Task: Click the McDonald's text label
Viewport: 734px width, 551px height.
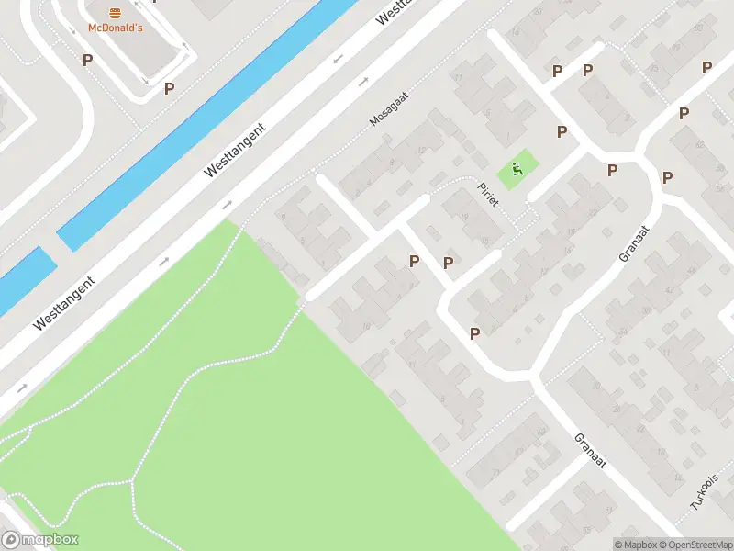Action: click(x=115, y=28)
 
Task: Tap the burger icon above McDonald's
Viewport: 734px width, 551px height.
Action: click(x=115, y=12)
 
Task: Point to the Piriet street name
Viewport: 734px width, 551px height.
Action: click(x=487, y=194)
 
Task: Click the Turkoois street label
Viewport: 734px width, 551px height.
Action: click(x=704, y=492)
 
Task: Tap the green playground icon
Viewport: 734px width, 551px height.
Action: click(x=517, y=168)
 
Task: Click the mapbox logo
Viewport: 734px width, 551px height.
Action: click(x=40, y=540)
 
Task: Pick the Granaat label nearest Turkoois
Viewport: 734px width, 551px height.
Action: click(x=592, y=451)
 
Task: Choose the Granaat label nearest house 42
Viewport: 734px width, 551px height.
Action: click(x=634, y=242)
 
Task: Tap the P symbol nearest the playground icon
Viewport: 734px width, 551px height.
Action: click(x=562, y=131)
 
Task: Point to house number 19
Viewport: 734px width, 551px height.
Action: click(x=464, y=218)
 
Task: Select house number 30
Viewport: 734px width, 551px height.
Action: click(x=595, y=387)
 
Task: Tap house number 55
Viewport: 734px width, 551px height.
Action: click(x=653, y=69)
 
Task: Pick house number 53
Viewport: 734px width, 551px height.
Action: click(x=542, y=432)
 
